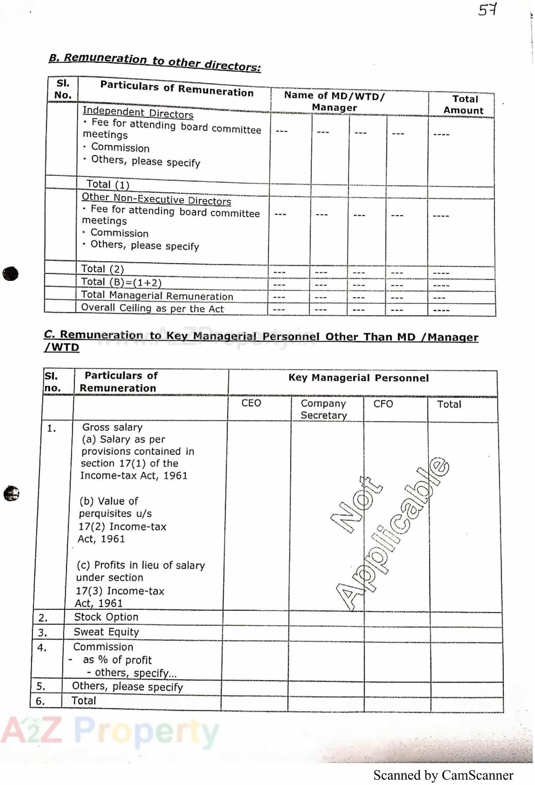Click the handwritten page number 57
coord(488,9)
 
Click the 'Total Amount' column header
coord(464,105)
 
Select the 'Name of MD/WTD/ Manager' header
coord(334,101)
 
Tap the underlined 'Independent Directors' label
coord(138,112)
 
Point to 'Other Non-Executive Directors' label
coord(156,199)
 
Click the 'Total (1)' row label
coord(108,184)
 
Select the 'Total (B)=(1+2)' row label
coord(121,282)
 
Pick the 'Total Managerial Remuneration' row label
coord(157,295)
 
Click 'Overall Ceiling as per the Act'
coord(152,308)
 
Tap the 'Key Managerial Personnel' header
coord(358,378)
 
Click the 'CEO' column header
coord(251,403)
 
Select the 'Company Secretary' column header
coord(324,409)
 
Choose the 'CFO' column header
coord(383,404)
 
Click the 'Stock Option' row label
coord(106,617)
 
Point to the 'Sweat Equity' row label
coord(106,632)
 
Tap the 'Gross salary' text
coord(112,427)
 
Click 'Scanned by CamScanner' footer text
coord(443,776)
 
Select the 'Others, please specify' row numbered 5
coord(127,687)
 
